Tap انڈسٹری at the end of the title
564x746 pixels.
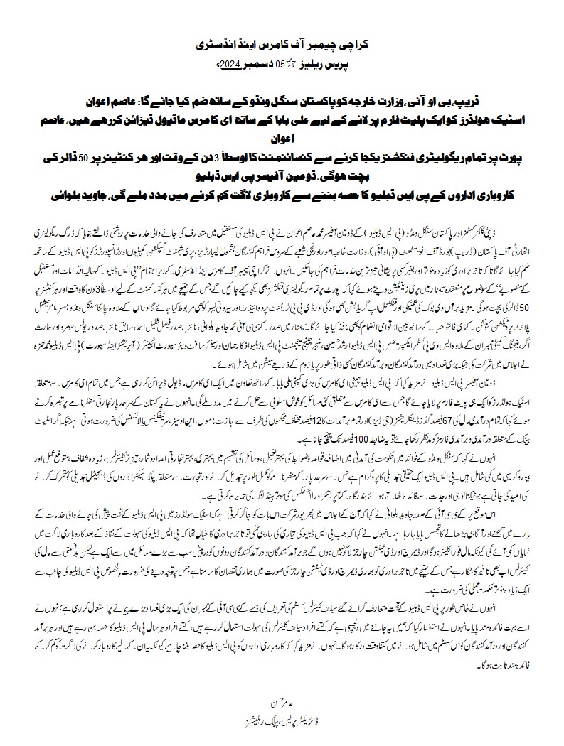[x=207, y=44]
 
